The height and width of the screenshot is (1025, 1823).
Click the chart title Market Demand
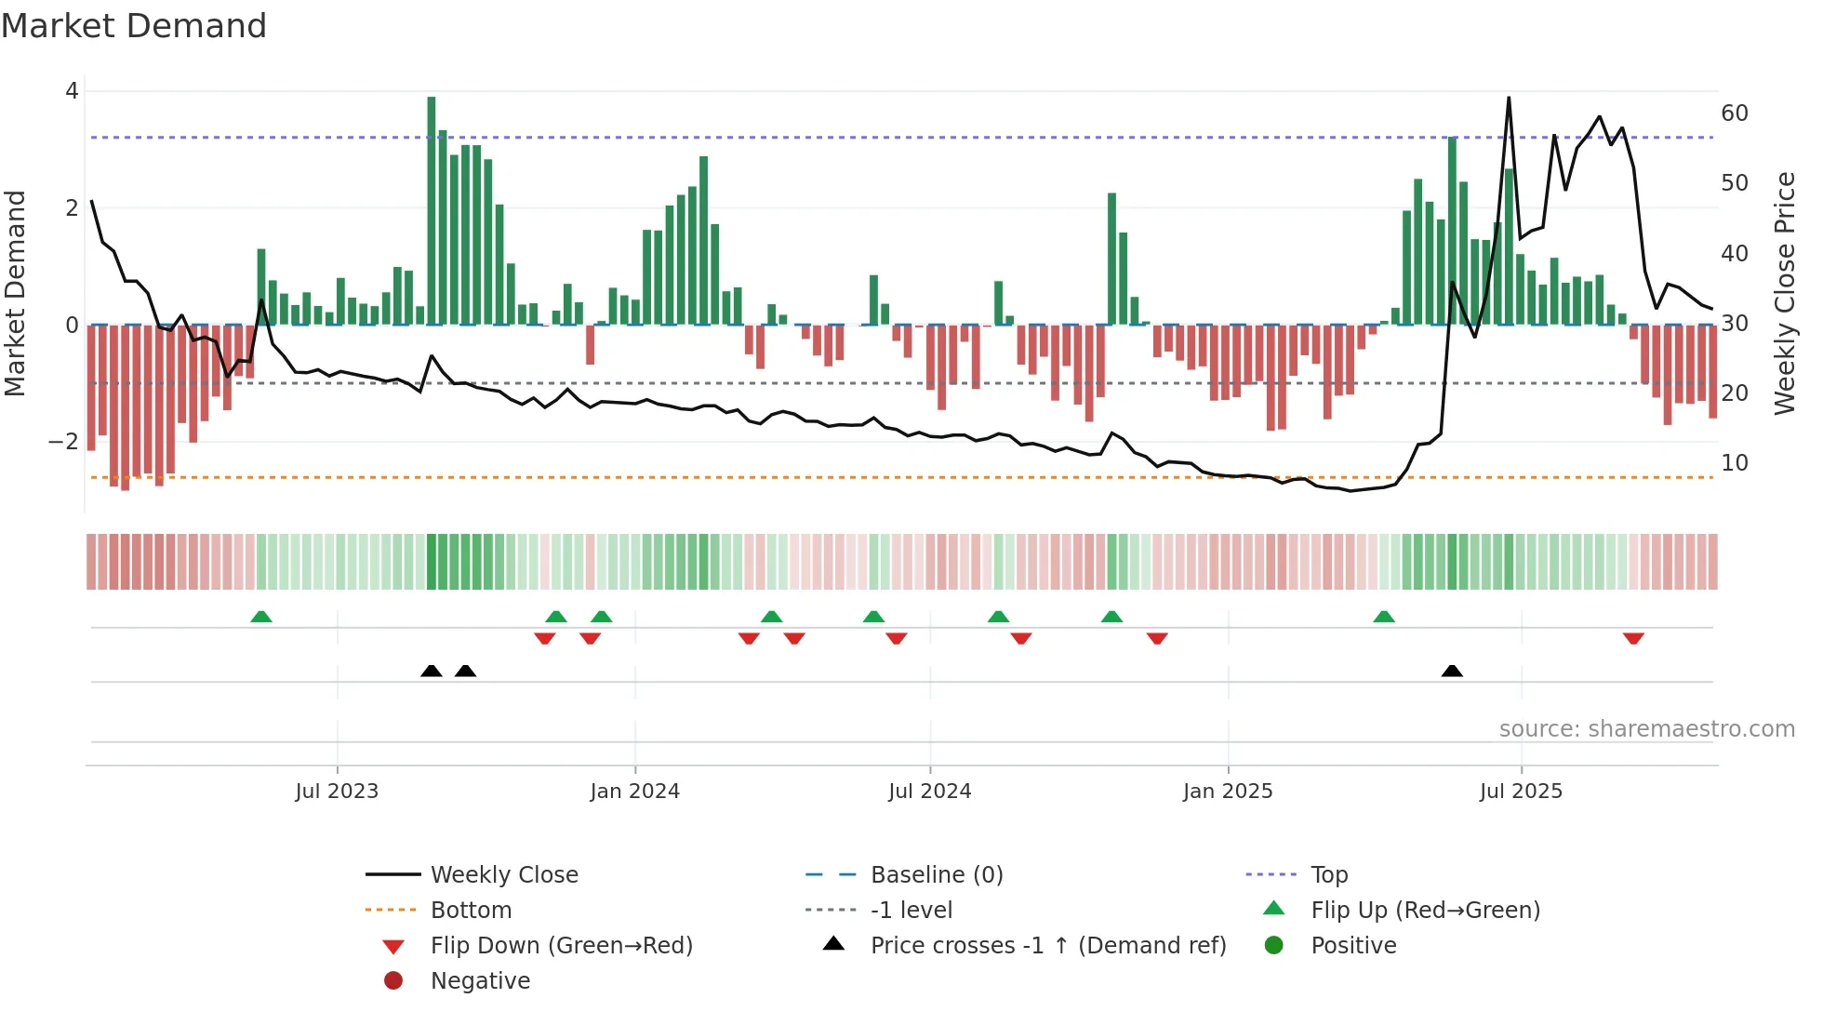pos(134,26)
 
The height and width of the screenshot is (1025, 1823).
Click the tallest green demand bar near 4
pos(432,210)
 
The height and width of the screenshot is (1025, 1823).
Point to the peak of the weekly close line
pos(1508,98)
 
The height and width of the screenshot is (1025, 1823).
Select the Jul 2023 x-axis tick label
pos(337,792)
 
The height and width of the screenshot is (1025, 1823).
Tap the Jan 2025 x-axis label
pos(1228,792)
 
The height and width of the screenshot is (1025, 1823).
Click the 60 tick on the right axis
pos(1735,113)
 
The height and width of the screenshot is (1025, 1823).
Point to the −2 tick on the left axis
pos(63,442)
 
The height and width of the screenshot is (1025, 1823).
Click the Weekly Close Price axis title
pos(1784,293)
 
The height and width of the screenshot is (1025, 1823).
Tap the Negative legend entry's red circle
pos(393,981)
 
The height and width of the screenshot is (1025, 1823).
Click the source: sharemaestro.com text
pos(1646,729)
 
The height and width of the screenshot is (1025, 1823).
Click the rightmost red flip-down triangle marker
pos(1633,639)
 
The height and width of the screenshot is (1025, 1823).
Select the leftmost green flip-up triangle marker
pos(261,617)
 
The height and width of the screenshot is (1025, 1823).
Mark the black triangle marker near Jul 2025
pos(1452,671)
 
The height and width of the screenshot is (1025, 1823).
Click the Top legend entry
pos(1329,875)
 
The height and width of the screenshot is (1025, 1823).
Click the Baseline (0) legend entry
pos(937,875)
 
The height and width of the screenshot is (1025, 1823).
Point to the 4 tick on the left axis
pos(72,91)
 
